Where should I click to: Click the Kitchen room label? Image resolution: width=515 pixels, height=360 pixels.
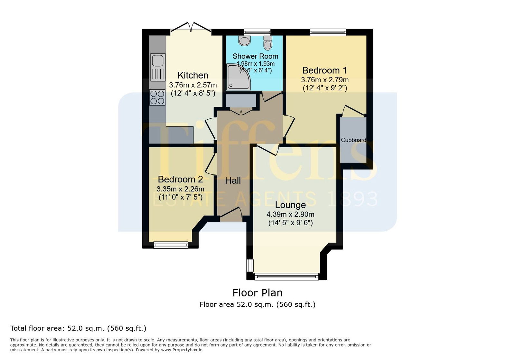[x=193, y=75]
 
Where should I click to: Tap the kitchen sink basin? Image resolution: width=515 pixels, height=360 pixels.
[x=158, y=61]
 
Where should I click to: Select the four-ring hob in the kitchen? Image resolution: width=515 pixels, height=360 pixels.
[x=157, y=97]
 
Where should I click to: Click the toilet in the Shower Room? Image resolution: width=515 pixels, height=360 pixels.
[x=267, y=43]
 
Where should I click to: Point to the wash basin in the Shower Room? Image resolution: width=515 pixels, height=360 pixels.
[x=244, y=41]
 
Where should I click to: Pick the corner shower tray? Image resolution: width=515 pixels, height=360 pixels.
[x=239, y=77]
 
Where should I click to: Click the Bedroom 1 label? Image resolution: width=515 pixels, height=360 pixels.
[x=324, y=70]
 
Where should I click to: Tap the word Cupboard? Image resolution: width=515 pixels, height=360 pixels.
[x=353, y=140]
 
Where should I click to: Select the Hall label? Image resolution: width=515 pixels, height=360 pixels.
[x=233, y=180]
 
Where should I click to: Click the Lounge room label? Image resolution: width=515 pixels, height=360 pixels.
[x=290, y=205]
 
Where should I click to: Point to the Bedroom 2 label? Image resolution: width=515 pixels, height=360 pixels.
[x=181, y=179]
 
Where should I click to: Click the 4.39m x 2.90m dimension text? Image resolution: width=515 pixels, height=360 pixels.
[x=290, y=214]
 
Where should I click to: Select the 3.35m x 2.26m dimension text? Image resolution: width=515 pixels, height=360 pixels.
[x=181, y=189]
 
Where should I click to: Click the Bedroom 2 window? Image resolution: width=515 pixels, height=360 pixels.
[x=171, y=245]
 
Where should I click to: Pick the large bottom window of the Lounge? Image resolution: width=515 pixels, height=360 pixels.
[x=287, y=277]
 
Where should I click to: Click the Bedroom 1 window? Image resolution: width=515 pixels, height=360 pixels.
[x=328, y=32]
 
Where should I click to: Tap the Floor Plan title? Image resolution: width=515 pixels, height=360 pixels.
[x=257, y=293]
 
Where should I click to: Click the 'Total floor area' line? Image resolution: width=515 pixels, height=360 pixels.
[x=78, y=328]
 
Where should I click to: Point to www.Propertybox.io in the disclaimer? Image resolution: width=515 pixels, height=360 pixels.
[x=182, y=350]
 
